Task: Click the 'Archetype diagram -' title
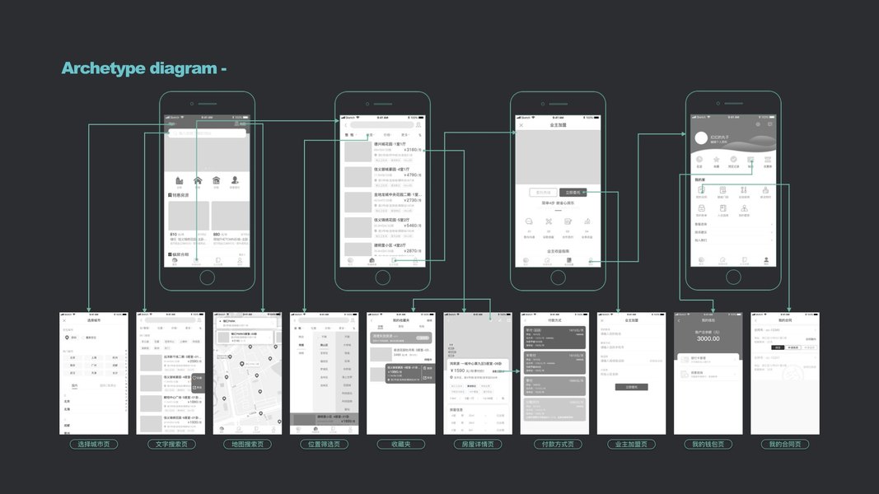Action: point(144,68)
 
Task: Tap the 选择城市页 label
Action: point(93,445)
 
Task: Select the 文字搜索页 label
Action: point(171,445)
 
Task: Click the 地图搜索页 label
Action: point(247,445)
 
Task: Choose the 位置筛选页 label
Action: point(324,445)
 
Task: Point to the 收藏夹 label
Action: point(400,445)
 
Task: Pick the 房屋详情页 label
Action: point(477,445)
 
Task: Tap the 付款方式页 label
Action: point(554,445)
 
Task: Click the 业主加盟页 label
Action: point(631,445)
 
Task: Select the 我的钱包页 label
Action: point(708,445)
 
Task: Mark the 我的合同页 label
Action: point(785,445)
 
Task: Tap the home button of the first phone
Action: point(207,277)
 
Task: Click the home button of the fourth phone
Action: point(733,277)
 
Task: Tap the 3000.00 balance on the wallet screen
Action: point(708,338)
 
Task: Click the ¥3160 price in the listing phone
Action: point(411,150)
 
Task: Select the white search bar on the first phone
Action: point(207,133)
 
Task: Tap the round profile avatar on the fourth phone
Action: point(702,138)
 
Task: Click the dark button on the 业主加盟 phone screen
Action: point(577,192)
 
